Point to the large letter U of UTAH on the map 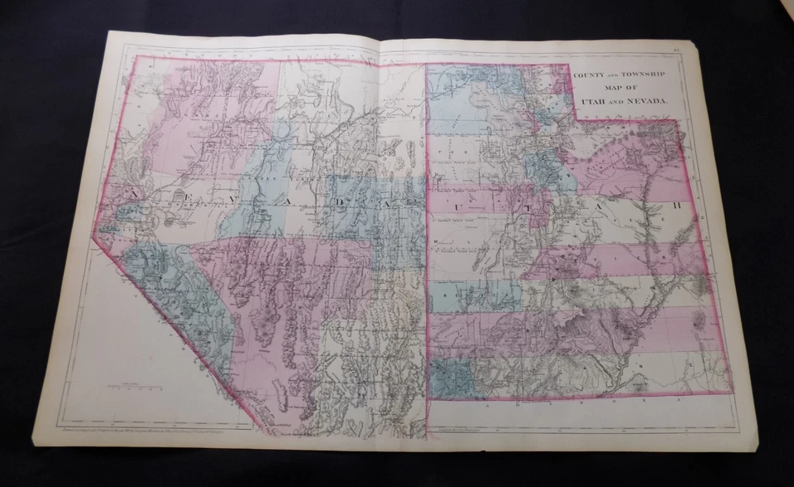click(x=452, y=203)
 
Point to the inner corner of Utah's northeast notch click(x=576, y=121)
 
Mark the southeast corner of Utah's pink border click(x=731, y=392)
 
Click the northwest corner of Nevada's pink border click(x=136, y=57)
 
